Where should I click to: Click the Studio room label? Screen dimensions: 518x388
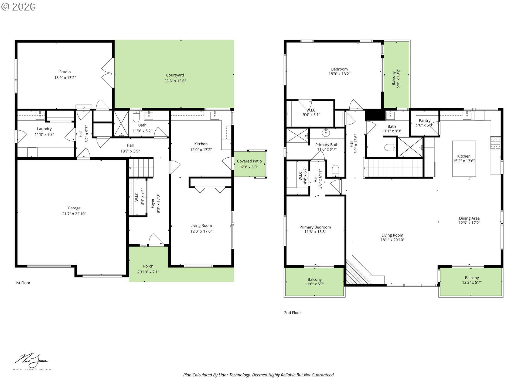65,72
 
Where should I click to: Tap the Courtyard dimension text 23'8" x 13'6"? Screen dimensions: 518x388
175,81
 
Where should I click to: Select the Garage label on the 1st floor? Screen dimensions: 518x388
74,208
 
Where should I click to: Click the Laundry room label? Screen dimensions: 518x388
44,129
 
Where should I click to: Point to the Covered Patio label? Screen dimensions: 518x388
249,161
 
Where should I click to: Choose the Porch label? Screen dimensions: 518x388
148,266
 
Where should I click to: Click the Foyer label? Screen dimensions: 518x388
152,203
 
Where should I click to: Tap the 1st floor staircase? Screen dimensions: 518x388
141,168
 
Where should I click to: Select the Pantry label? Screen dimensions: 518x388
425,120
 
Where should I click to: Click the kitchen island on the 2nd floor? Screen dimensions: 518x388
464,158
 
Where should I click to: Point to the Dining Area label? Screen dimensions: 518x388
469,218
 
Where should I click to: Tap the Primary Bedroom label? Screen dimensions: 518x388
315,227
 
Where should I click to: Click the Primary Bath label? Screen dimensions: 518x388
327,145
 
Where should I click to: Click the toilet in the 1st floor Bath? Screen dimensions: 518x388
136,116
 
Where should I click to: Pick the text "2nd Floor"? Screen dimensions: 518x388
292,313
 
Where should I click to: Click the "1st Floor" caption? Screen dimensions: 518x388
23,283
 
